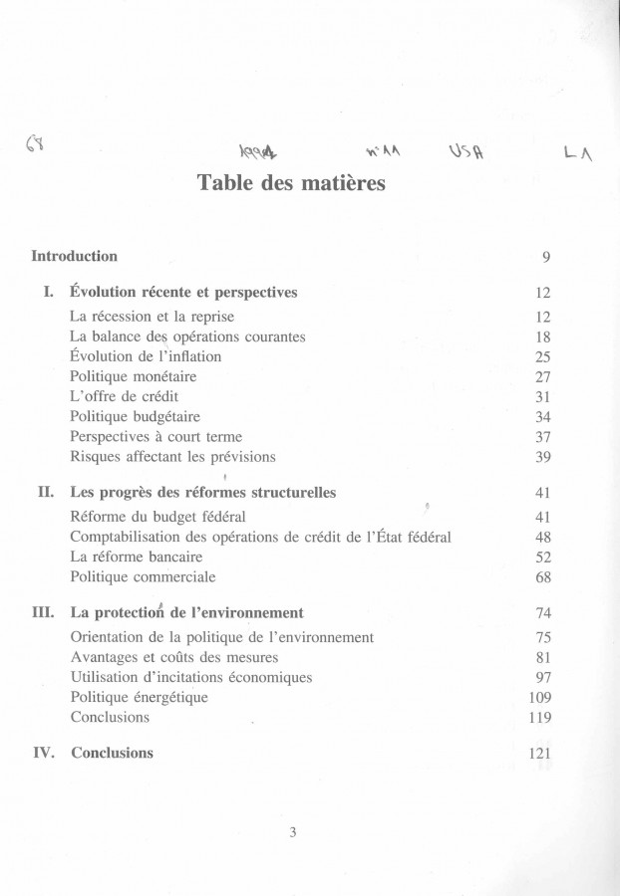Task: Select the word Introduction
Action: click(75, 256)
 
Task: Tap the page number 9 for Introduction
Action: click(546, 257)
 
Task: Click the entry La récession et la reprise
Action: click(154, 316)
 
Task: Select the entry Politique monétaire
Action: click(134, 376)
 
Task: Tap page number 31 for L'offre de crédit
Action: click(543, 397)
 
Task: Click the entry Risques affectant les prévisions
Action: click(172, 457)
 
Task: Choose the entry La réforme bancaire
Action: click(137, 557)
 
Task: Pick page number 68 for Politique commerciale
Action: click(543, 577)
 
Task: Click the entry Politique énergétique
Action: click(140, 697)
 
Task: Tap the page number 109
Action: click(539, 698)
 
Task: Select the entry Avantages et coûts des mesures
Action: click(174, 657)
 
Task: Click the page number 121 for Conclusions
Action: click(539, 754)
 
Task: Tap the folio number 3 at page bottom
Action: click(293, 833)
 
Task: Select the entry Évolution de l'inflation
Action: click(146, 355)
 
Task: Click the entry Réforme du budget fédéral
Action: click(158, 517)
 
